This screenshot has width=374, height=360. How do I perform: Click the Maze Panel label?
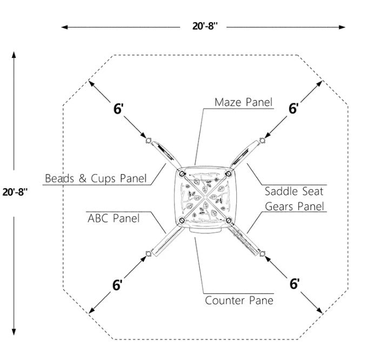[x=243, y=102]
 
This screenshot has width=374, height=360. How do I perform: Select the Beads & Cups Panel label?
[x=96, y=178]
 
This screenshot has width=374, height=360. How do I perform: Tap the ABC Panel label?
[x=113, y=218]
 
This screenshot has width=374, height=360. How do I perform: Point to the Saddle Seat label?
[x=294, y=191]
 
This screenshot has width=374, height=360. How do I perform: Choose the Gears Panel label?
[x=295, y=206]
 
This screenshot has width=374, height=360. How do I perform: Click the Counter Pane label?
[x=239, y=301]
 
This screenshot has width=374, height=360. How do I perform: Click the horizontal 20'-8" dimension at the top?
[x=205, y=26]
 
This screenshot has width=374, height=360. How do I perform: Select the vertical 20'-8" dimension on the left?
[x=15, y=192]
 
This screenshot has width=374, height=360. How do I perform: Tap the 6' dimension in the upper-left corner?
[x=118, y=109]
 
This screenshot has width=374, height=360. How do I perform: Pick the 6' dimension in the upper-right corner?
[x=293, y=108]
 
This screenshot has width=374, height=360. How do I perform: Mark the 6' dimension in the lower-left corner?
[x=117, y=285]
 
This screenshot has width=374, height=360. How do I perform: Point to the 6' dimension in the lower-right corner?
[x=295, y=284]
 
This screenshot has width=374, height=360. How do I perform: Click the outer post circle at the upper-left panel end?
[x=149, y=141]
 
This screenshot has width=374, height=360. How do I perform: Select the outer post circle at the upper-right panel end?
[x=262, y=141]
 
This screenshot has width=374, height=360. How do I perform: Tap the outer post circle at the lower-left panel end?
[x=149, y=254]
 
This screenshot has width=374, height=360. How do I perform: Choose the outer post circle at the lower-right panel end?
[x=262, y=254]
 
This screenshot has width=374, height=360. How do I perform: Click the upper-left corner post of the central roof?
[x=182, y=174]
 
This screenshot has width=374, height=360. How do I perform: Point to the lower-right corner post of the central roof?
[x=229, y=220]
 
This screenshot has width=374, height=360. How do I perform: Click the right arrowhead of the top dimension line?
[x=342, y=27]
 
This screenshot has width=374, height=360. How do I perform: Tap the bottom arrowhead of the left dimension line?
[x=14, y=332]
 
